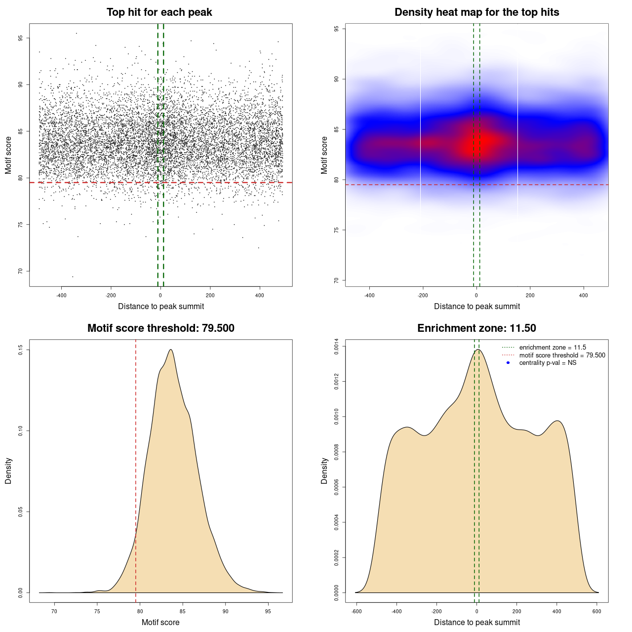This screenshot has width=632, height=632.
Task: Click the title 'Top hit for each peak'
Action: point(159,12)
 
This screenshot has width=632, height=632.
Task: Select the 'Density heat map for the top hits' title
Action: point(476,12)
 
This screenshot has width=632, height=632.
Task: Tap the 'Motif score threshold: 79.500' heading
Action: point(160,328)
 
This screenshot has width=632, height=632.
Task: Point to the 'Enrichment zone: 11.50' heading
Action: point(476,328)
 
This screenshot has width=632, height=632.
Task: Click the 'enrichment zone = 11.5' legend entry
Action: point(553,348)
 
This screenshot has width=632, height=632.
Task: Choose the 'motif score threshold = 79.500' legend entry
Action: point(562,355)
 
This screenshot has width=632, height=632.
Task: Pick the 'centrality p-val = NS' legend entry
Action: point(548,363)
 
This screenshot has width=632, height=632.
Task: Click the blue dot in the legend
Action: point(508,363)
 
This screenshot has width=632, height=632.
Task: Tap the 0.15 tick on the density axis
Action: point(21,350)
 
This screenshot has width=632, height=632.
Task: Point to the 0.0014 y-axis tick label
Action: point(337,347)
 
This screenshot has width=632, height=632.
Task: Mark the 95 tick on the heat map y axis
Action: point(337,29)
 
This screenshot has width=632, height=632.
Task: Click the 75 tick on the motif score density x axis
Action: point(97,612)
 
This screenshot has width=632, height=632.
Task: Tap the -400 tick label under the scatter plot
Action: point(61,296)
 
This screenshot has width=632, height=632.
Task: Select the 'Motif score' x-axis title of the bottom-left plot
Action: point(160,622)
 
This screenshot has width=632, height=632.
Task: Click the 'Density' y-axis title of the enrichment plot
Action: point(324,471)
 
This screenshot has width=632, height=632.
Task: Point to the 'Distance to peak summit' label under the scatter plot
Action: point(161,306)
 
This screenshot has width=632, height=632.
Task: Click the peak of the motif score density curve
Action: point(171,350)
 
